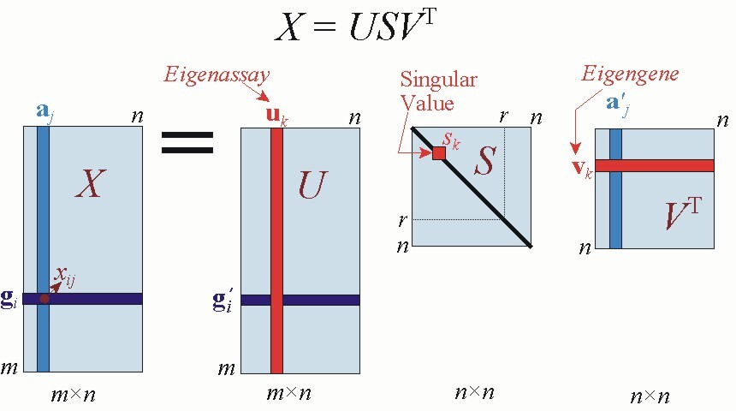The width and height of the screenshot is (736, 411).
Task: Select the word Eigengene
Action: tap(630, 74)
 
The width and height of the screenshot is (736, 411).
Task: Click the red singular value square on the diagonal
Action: tap(439, 153)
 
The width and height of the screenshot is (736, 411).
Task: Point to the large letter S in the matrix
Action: tap(484, 162)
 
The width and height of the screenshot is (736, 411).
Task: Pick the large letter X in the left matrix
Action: tap(89, 183)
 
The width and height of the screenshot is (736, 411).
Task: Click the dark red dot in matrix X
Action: tap(44, 299)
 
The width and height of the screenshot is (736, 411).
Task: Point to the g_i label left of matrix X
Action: tap(9, 301)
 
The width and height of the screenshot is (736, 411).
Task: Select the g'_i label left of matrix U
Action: tap(223, 301)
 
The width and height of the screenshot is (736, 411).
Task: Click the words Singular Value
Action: tap(439, 90)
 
